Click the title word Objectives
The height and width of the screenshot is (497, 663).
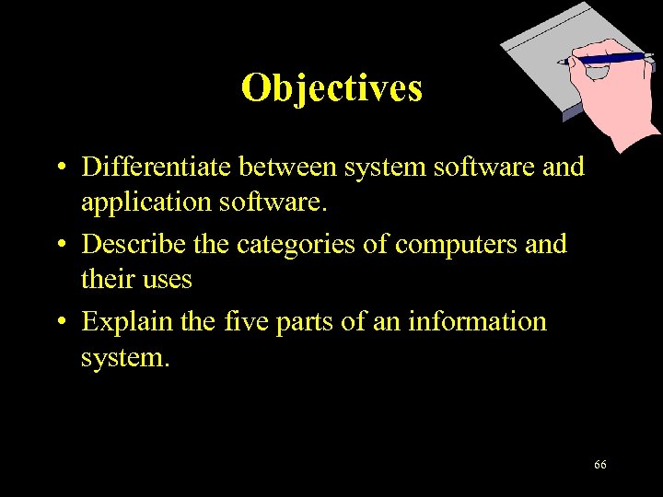coord(331,88)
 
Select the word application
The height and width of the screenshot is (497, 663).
coord(143,202)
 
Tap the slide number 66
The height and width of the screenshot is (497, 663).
coord(600,465)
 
